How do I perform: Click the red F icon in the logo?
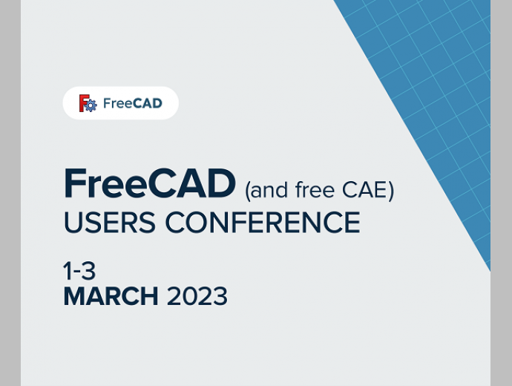tap(84, 102)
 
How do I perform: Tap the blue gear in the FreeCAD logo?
tap(90, 105)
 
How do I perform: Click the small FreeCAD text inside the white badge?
tap(133, 103)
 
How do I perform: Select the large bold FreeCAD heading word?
tap(150, 183)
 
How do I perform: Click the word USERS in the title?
tap(110, 223)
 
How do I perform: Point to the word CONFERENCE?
tap(263, 223)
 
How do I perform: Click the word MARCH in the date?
tap(111, 296)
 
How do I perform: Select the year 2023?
tap(197, 296)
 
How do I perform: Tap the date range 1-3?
tap(79, 271)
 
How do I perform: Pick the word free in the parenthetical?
tap(315, 189)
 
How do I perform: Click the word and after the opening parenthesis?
tap(269, 190)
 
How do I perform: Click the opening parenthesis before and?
tap(248, 191)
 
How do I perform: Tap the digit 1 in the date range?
tap(68, 271)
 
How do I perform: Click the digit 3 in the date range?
tap(88, 271)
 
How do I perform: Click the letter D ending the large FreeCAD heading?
tap(222, 183)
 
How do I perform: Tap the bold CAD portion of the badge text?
tap(148, 103)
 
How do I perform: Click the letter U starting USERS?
tap(73, 223)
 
